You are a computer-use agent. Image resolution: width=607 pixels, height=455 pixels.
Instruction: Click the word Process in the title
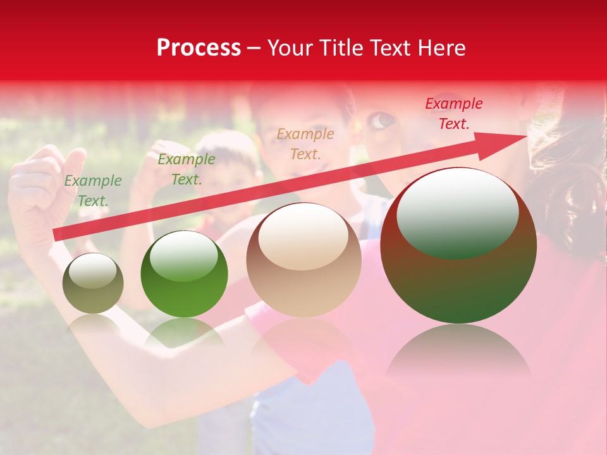tap(199, 48)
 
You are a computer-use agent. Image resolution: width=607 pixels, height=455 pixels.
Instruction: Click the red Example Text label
tap(453, 114)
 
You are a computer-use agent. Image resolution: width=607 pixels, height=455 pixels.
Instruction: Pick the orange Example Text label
tap(305, 143)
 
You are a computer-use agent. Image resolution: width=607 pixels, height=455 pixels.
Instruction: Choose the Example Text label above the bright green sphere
tap(186, 169)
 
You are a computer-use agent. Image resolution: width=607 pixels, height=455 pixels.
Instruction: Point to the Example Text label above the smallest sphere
tap(93, 191)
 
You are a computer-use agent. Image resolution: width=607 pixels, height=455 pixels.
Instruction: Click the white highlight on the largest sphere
tap(457, 212)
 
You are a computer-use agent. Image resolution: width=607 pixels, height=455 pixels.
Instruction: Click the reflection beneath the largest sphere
tap(458, 354)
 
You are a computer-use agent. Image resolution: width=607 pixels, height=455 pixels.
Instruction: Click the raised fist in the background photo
tap(41, 180)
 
